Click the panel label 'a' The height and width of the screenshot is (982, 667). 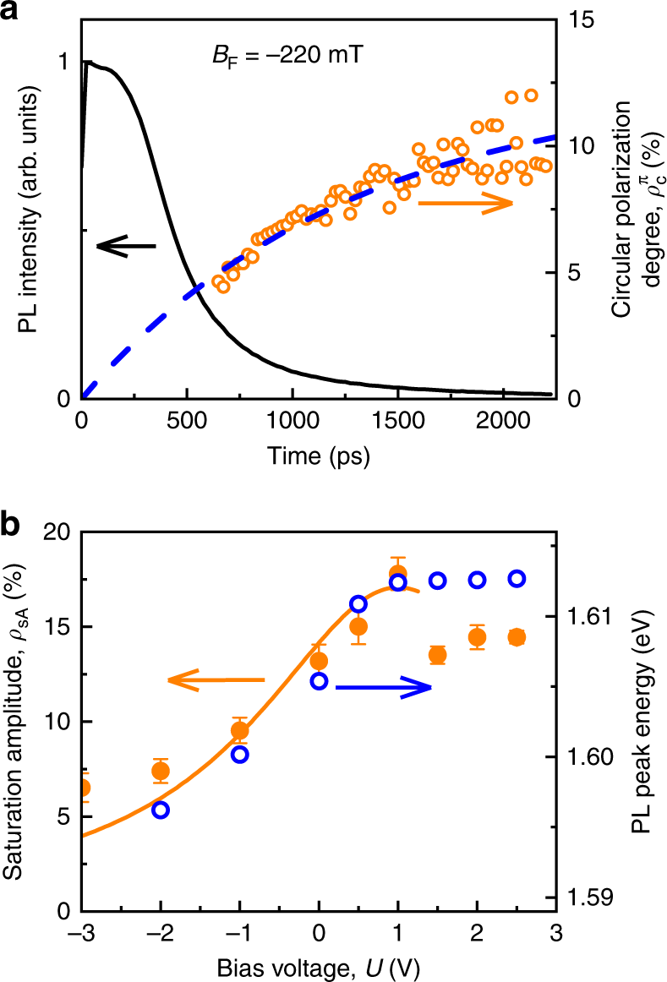(12, 12)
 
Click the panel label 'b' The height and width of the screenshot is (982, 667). (12, 525)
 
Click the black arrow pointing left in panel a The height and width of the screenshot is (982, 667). (126, 246)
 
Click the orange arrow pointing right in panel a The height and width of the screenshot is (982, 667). (466, 203)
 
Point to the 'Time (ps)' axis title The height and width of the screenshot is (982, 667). (319, 456)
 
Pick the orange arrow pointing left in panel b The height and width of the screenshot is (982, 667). (216, 679)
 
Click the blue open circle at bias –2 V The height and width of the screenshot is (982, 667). (161, 810)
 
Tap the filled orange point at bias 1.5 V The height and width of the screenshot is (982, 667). (438, 655)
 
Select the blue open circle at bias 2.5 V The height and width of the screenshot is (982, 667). (517, 579)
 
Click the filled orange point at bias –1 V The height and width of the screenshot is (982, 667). (240, 730)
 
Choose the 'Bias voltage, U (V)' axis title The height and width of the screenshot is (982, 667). (319, 963)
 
